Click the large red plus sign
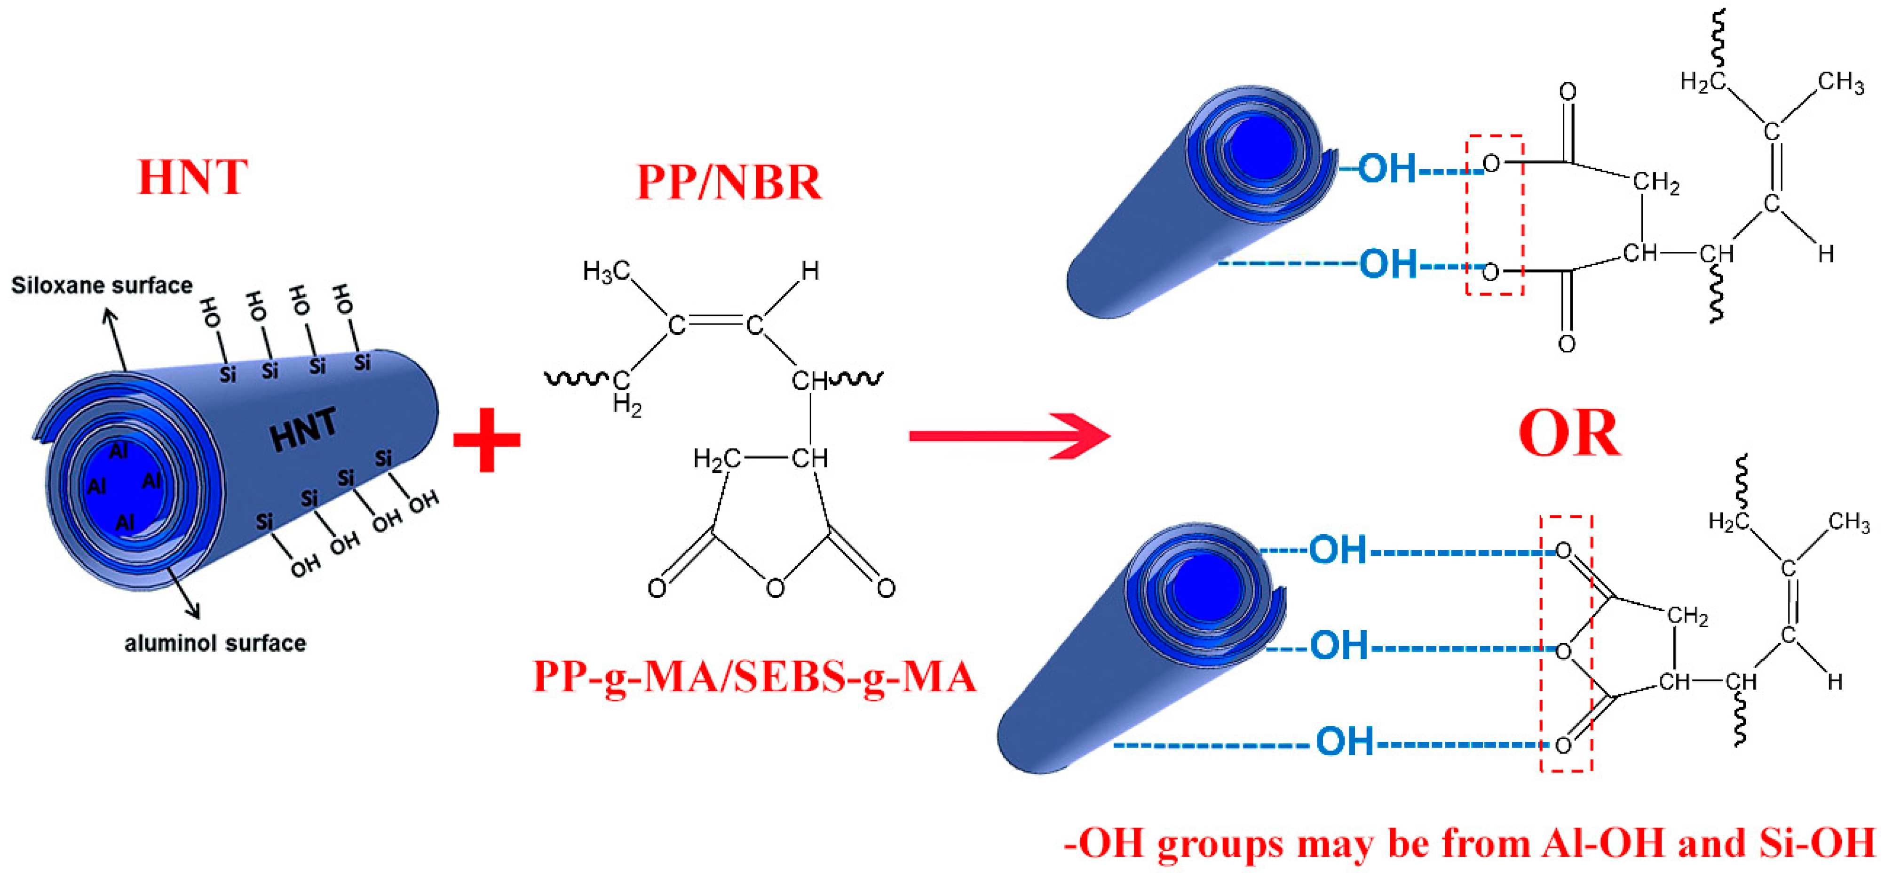[487, 440]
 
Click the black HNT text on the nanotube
[304, 429]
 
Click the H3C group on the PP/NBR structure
[606, 271]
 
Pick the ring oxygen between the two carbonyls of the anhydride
[775, 588]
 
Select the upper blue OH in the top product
[1387, 168]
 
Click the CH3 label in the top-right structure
[1840, 82]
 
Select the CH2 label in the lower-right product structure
[1687, 616]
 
